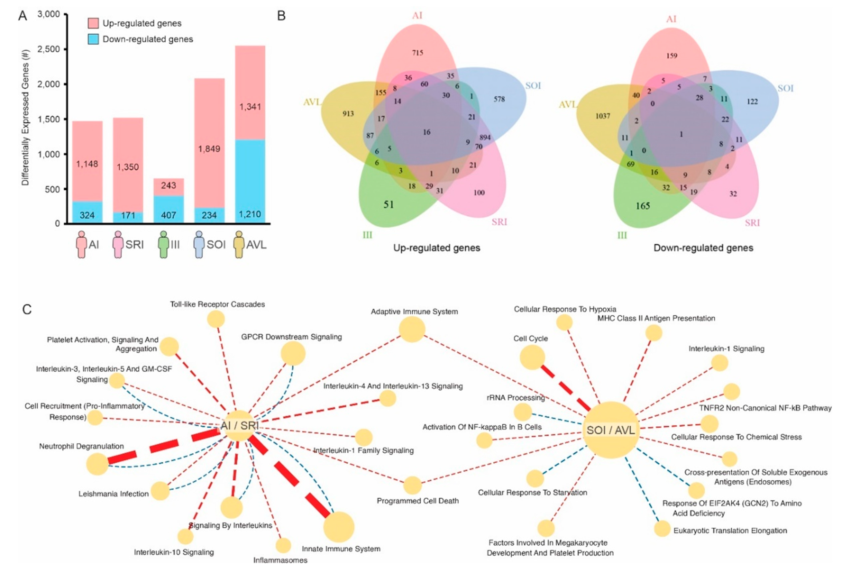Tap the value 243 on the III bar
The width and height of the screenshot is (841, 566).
tap(168, 185)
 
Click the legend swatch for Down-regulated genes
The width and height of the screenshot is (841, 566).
tap(93, 39)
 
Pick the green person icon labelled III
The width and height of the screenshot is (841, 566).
tap(164, 245)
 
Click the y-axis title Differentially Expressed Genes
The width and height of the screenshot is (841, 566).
tap(25, 117)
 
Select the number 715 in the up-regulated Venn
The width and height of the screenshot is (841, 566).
tap(418, 53)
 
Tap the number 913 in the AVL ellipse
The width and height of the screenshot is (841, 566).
tap(348, 114)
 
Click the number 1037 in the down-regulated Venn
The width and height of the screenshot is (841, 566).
tap(603, 116)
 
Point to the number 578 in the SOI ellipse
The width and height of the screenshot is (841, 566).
tap(499, 99)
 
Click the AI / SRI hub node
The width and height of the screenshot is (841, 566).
tap(239, 426)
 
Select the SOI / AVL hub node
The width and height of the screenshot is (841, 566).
tap(611, 430)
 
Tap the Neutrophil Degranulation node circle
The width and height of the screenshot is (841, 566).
tap(97, 464)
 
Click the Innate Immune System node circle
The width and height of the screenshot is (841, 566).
tap(339, 527)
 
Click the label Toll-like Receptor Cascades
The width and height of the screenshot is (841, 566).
tap(218, 304)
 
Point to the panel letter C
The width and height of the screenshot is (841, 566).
tap(27, 309)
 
